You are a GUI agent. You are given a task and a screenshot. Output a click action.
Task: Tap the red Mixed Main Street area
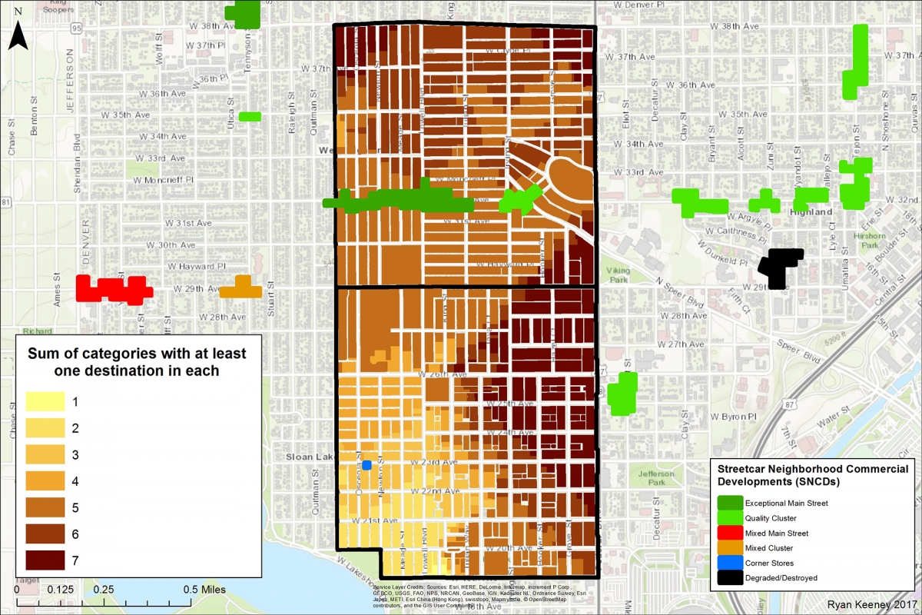click(114, 289)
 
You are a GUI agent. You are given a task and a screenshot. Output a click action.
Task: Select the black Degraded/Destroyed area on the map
click(780, 267)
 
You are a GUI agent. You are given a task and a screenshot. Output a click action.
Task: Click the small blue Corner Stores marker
click(366, 465)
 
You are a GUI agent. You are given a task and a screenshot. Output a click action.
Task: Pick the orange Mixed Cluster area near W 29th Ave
click(241, 288)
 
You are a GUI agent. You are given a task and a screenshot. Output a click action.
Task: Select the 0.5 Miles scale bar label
click(198, 589)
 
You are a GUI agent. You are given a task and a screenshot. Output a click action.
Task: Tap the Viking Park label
click(618, 275)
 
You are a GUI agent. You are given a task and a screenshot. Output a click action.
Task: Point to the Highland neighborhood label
click(810, 211)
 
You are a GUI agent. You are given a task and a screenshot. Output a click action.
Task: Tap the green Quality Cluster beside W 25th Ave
click(623, 392)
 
